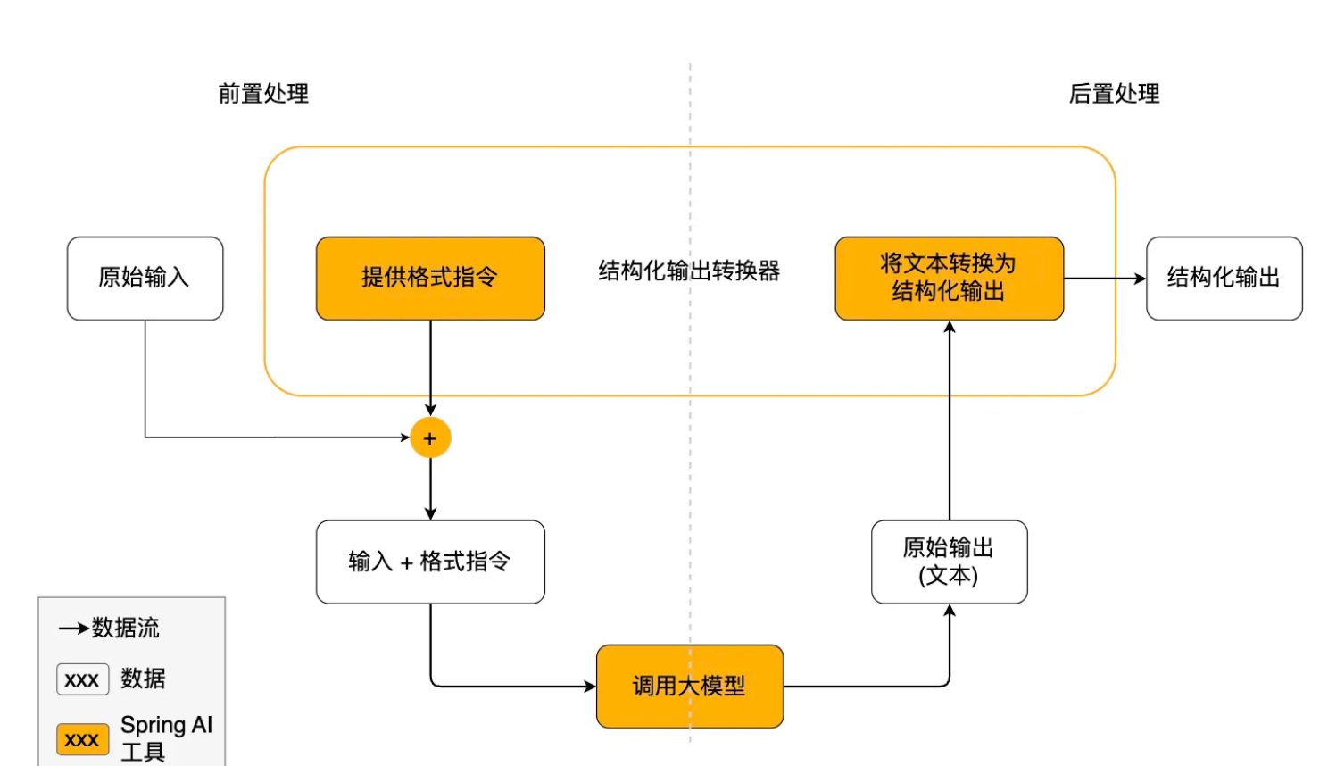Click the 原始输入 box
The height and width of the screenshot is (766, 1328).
click(145, 278)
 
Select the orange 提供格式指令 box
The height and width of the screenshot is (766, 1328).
click(430, 278)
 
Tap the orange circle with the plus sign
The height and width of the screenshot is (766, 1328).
click(430, 438)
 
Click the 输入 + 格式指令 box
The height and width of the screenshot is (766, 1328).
click(430, 562)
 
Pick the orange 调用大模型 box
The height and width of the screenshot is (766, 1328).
click(689, 686)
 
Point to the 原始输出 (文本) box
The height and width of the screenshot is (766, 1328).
click(949, 562)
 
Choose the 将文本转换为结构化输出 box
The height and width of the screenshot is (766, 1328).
click(949, 278)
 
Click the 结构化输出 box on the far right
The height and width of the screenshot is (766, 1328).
click(1224, 278)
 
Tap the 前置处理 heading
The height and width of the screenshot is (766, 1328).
click(263, 94)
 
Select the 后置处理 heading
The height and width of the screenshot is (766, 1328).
click(1114, 94)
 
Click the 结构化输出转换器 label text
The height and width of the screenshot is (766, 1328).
click(689, 271)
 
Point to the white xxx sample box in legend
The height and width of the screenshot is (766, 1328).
click(82, 679)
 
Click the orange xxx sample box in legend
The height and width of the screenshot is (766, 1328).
click(82, 739)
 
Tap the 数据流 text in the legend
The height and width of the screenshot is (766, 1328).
click(126, 628)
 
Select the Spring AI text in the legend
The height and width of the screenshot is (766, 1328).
click(166, 725)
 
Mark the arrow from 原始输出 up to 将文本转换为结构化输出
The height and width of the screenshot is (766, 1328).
click(950, 420)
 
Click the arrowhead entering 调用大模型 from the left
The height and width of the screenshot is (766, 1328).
click(590, 687)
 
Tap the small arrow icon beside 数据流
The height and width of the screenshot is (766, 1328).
click(74, 629)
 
